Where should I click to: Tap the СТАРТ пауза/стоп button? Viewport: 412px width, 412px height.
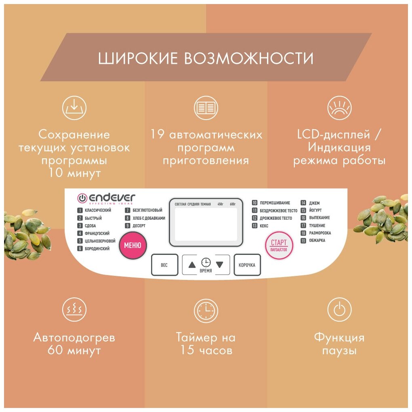point(279,245)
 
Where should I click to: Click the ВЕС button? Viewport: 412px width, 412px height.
point(164,265)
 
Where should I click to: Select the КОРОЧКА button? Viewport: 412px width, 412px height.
point(247,265)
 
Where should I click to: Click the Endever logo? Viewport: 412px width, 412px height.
point(107,198)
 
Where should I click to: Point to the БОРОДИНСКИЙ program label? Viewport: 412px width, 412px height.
point(97,249)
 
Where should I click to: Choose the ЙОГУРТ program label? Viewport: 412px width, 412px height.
point(315,210)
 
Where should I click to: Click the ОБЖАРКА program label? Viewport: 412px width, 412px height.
point(317,241)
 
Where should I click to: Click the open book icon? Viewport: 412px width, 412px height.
point(206,108)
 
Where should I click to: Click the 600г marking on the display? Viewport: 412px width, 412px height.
point(233,204)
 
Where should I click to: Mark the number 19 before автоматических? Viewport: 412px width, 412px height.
point(158,135)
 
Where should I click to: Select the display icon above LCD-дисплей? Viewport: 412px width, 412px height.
point(339,108)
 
